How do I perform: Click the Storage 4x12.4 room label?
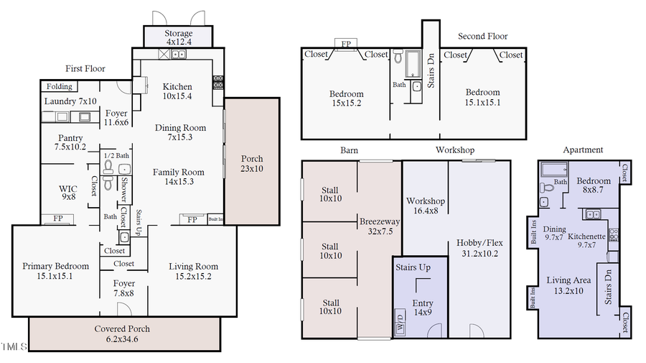coord(178,38)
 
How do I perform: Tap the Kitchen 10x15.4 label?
coord(177,91)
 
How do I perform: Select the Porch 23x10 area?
coord(252,163)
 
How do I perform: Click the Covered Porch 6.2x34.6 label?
coord(122,334)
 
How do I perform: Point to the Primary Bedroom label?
coord(55,270)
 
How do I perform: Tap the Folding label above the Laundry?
coord(60,87)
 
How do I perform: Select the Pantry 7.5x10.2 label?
coord(70,142)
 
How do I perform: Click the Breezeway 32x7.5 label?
coord(379,226)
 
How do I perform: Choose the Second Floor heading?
coord(482,36)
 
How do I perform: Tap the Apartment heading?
coord(583,150)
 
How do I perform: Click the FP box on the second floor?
coord(346,44)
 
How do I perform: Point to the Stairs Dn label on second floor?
coord(431,71)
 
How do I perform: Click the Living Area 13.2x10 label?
coord(568,285)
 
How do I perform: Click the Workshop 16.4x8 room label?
coord(426,206)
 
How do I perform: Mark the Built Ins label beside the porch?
coord(215,219)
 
